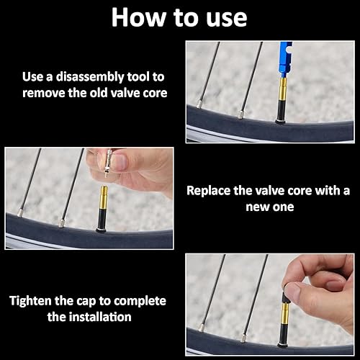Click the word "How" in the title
(x=139, y=17)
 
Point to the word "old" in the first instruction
(x=99, y=93)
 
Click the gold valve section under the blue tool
(x=283, y=89)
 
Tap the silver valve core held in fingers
(x=107, y=163)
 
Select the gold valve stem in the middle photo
(x=104, y=197)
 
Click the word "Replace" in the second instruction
(x=209, y=192)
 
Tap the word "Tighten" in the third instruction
(x=31, y=301)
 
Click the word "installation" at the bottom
(x=100, y=317)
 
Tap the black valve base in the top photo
(x=282, y=112)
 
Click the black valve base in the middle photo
(x=102, y=220)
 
